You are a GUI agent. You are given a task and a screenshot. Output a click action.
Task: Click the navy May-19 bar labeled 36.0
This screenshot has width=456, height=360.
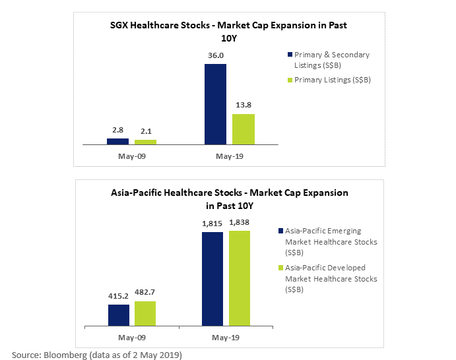coord(215,104)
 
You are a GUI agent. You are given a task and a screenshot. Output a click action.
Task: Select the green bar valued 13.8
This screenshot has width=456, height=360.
coord(244,129)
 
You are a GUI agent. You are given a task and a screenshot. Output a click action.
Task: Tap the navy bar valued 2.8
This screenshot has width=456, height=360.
coord(117,142)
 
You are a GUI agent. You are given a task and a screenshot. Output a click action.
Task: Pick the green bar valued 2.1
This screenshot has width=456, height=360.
coord(145,142)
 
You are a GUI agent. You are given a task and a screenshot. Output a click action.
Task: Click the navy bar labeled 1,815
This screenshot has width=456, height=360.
coord(212,279)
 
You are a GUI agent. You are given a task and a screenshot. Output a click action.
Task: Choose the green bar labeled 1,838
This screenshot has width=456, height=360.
coord(240,278)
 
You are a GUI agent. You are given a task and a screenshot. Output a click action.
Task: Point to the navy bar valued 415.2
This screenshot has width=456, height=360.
coord(119,315)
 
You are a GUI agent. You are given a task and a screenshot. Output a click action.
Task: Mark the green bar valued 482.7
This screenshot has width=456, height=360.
coord(145,313)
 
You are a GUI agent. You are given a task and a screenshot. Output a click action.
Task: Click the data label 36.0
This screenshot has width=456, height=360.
coord(216,55)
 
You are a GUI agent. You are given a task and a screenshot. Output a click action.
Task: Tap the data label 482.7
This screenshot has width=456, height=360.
coord(145,292)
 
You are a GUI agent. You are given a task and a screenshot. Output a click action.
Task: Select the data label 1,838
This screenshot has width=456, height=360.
coord(239,223)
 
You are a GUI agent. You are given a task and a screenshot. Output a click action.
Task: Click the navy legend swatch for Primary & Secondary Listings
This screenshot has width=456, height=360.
coord(290,55)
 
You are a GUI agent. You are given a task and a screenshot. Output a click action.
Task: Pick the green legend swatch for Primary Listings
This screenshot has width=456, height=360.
coord(290,80)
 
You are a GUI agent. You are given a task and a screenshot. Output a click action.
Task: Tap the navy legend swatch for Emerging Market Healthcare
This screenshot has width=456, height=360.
coord(280,231)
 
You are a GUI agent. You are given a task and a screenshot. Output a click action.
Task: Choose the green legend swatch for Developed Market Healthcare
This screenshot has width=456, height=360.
coord(280,268)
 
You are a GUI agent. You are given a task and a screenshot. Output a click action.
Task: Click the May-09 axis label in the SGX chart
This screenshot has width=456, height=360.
coord(132,156)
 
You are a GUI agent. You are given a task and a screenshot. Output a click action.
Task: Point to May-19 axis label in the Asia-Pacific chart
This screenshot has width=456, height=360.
coord(226,338)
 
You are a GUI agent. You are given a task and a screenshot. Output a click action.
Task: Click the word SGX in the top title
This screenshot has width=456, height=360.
coord(119,25)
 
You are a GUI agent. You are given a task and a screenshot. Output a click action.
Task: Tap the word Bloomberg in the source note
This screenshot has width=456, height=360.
coord(65,355)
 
